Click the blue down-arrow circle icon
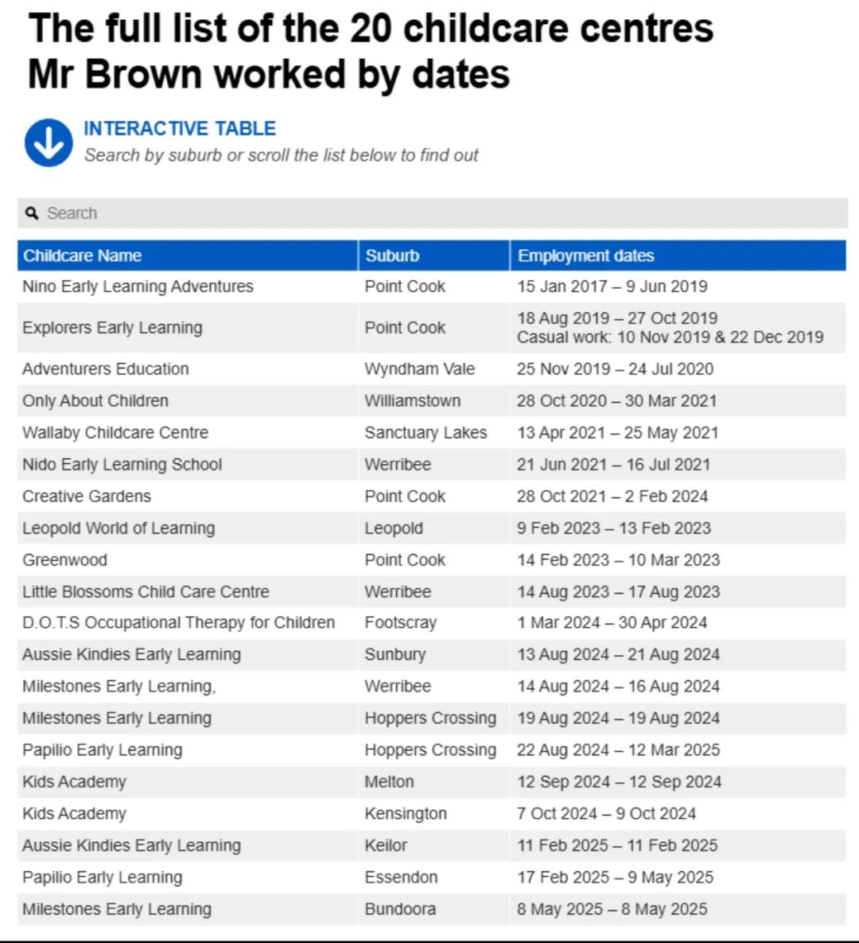pyautogui.click(x=49, y=143)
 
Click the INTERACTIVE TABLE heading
pyautogui.click(x=180, y=129)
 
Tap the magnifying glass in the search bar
pyautogui.click(x=32, y=213)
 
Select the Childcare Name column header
pyautogui.click(x=82, y=255)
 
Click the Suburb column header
pyautogui.click(x=392, y=255)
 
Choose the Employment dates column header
pyautogui.click(x=585, y=255)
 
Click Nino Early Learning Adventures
pyautogui.click(x=138, y=286)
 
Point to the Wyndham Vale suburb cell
pyautogui.click(x=419, y=369)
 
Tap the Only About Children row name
pyautogui.click(x=95, y=401)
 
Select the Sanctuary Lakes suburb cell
pyautogui.click(x=426, y=433)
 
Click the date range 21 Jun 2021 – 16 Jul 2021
pyautogui.click(x=613, y=465)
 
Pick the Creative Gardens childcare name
pyautogui.click(x=87, y=497)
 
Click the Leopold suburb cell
pyautogui.click(x=394, y=528)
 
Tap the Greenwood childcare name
pyautogui.click(x=64, y=560)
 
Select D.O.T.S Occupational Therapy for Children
pyautogui.click(x=178, y=622)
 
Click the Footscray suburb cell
pyautogui.click(x=400, y=622)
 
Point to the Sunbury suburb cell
pyautogui.click(x=395, y=655)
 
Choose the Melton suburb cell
pyautogui.click(x=389, y=782)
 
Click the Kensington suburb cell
pyautogui.click(x=406, y=814)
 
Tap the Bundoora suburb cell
pyautogui.click(x=400, y=910)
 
